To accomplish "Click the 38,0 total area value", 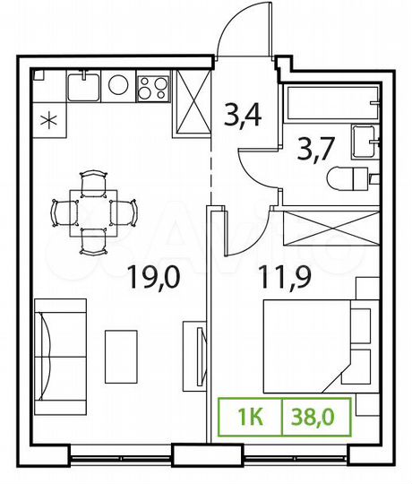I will (315, 417).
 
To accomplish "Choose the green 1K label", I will (251, 417).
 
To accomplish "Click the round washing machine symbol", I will (119, 85).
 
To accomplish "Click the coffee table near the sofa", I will (121, 353).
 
